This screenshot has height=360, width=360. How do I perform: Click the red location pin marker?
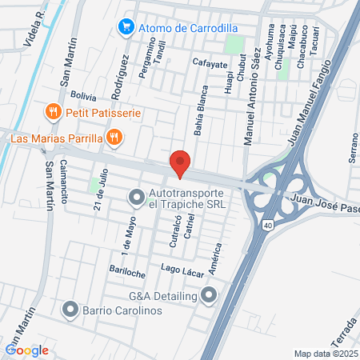[x=180, y=164]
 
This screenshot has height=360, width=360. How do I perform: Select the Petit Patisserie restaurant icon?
[x=53, y=112]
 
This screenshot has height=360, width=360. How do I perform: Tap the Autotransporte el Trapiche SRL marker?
[x=137, y=196]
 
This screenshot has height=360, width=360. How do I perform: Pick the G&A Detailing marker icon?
[x=210, y=296]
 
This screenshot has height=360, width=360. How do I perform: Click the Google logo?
[x=26, y=350]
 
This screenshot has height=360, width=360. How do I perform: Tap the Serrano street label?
[x=353, y=147]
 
